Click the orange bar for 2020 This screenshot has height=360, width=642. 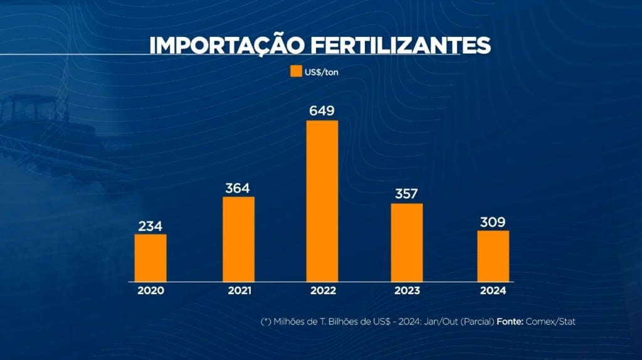[x=150, y=258]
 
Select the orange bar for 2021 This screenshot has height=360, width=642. [x=239, y=239]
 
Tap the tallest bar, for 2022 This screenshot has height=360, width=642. [x=322, y=201]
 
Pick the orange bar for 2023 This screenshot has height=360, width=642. [x=407, y=242]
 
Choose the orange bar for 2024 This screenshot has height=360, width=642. [x=493, y=256]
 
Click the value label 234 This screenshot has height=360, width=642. [x=150, y=226]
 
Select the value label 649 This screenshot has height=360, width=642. [x=322, y=112]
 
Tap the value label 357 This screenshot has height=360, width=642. [x=407, y=194]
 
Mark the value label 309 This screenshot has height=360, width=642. [x=493, y=222]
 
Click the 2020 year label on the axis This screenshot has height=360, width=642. [x=150, y=290]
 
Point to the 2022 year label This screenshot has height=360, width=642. [x=322, y=290]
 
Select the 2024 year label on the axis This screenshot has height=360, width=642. [x=493, y=290]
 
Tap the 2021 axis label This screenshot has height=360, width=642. [x=239, y=290]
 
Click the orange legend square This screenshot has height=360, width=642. [x=296, y=71]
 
